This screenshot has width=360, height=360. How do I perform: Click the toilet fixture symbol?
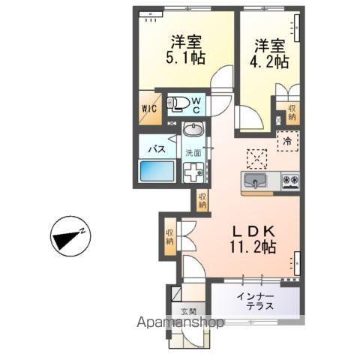click(x=177, y=104)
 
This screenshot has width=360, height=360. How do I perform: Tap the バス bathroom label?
click(x=156, y=149)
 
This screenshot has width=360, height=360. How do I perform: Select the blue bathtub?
click(x=157, y=172)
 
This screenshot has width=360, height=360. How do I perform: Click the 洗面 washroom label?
click(x=194, y=152)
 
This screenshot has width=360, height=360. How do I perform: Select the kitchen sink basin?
click(x=256, y=181)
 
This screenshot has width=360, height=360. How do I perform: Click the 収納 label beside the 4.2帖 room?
click(x=292, y=113)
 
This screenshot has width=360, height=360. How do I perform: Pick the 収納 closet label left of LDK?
click(x=170, y=237)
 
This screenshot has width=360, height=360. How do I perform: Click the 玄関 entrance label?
click(x=187, y=311)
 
